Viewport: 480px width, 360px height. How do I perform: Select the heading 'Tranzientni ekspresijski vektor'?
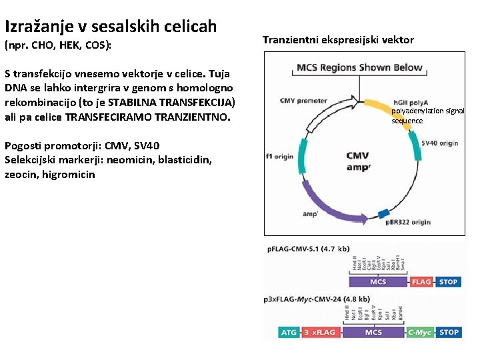pyautogui.click(x=338, y=40)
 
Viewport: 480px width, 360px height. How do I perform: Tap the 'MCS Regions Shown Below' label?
pyautogui.click(x=359, y=67)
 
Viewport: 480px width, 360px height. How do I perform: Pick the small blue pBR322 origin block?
pyautogui.click(x=383, y=213)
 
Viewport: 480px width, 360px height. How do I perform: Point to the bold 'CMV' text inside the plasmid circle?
pyautogui.click(x=357, y=156)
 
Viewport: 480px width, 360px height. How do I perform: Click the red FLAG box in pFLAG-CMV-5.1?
pyautogui.click(x=421, y=282)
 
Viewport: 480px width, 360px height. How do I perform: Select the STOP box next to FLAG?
pyautogui.click(x=448, y=282)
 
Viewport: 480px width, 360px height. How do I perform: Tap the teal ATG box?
pyautogui.click(x=289, y=331)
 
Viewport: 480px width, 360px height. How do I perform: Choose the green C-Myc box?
pyautogui.click(x=419, y=331)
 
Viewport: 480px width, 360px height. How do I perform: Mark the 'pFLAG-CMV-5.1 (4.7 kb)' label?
pyautogui.click(x=308, y=249)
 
